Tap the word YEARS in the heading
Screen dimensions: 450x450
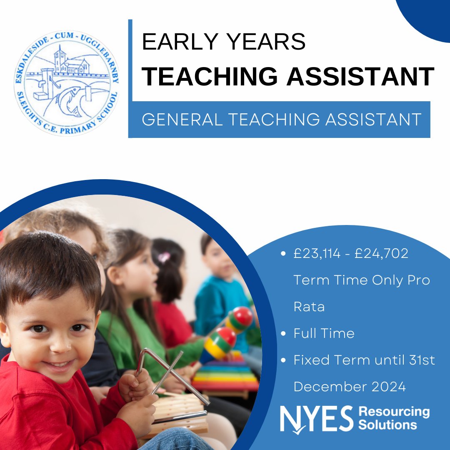coord(266,42)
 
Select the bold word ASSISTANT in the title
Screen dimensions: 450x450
coord(360,77)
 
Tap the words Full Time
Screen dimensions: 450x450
coord(324,333)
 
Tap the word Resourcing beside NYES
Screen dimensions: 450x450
coord(394,412)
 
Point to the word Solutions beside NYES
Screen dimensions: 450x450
coord(387,425)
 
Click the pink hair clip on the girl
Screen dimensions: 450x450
coord(163,257)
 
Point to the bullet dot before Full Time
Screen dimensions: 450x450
coord(283,334)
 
